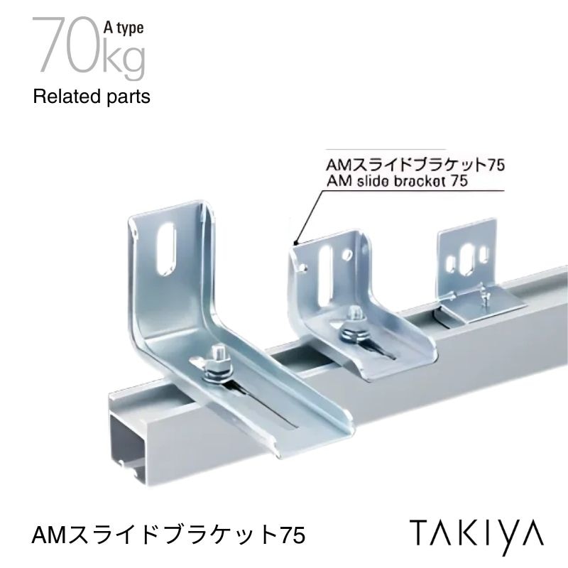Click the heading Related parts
[x=92, y=97]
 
